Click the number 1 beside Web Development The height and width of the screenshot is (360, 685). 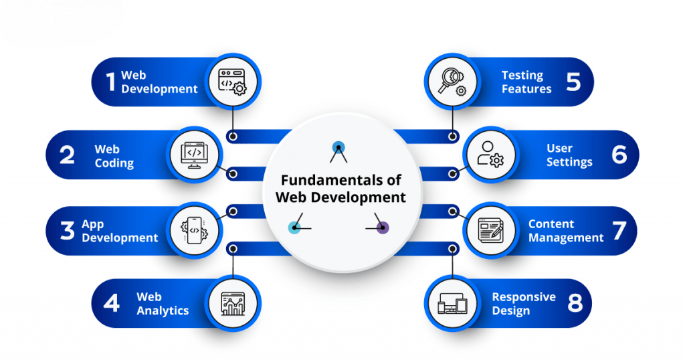coord(111,82)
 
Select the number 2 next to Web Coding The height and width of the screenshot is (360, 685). coord(67,155)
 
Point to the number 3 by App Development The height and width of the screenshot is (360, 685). coord(67,231)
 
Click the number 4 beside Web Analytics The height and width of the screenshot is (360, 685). coord(111,304)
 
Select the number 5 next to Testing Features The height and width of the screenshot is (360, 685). coord(573,82)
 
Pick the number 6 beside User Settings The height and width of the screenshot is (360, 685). coord(619,155)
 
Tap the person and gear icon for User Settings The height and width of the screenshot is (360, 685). coord(490,155)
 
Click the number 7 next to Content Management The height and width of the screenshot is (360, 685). coord(619,231)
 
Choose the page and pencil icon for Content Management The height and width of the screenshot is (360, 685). coord(490,230)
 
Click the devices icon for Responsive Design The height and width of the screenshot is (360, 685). coord(452,303)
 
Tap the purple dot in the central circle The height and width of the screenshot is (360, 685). coord(383,228)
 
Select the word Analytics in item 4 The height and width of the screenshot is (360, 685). coord(163,310)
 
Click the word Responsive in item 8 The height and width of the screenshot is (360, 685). coord(524,296)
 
